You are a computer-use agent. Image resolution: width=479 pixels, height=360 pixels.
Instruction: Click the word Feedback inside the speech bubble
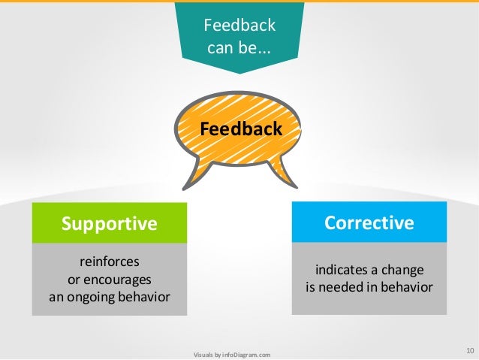pyautogui.click(x=241, y=129)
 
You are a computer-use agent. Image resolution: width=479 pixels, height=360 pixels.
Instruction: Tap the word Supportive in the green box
pyautogui.click(x=110, y=223)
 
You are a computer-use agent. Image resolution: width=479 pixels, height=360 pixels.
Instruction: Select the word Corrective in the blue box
pyautogui.click(x=369, y=222)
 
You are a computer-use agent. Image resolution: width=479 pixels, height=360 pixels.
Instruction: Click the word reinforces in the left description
pyautogui.click(x=110, y=262)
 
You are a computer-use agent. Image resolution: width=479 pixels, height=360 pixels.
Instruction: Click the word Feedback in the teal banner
pyautogui.click(x=240, y=26)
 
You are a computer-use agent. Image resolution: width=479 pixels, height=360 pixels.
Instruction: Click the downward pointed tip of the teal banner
pyautogui.click(x=240, y=71)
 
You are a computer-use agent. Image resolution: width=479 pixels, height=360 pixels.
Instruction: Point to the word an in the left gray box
pyautogui.click(x=55, y=296)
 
